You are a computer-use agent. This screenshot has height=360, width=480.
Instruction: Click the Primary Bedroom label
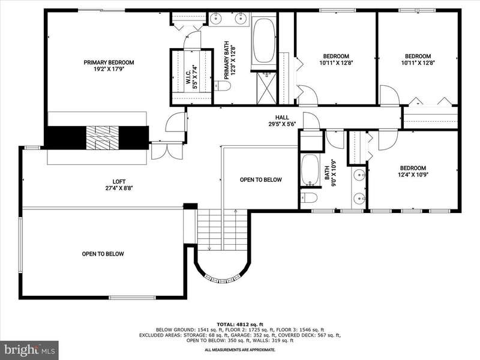pos(109,65)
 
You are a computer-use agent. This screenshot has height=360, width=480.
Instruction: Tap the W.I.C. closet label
pos(191,77)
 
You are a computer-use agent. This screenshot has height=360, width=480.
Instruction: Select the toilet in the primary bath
pos(222,86)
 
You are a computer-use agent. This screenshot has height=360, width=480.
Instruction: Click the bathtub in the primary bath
pos(264,41)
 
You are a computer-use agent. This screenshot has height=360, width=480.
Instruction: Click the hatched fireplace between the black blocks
pos(102,137)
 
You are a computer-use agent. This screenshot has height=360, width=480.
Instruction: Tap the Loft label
pos(119,185)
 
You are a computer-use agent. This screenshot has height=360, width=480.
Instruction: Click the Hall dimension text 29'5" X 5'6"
pos(281,124)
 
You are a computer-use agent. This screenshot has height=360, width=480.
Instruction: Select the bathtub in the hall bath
pos(310,170)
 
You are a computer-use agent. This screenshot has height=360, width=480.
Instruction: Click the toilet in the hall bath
pos(308,199)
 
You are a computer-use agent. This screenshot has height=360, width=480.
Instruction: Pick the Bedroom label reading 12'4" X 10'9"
pos(413,172)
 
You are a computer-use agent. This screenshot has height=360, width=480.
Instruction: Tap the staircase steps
pos(222,230)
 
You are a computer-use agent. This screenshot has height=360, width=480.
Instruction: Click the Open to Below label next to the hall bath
pos(261,179)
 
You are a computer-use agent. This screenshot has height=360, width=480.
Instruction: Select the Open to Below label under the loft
pos(103,254)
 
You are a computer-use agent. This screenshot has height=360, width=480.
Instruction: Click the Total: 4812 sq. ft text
pos(240,324)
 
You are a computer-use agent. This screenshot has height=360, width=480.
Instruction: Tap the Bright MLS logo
pos(29,350)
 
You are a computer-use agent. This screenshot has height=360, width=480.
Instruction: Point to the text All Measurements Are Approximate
pos(240,350)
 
